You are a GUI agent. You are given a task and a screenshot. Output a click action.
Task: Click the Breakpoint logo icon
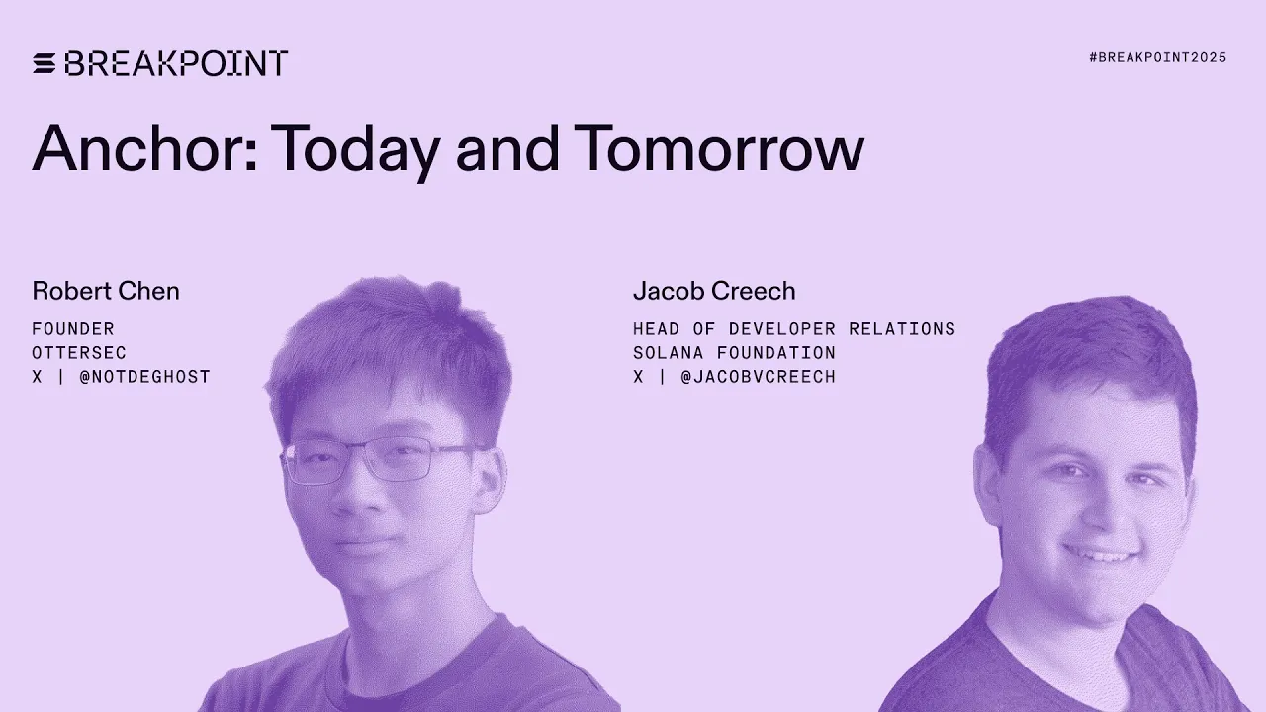[x=45, y=63]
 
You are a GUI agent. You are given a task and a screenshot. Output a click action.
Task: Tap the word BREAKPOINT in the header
[x=176, y=63]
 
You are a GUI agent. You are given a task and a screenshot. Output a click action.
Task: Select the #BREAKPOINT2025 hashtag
[x=1157, y=57]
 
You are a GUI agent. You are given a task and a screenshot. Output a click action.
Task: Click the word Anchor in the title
[x=143, y=148]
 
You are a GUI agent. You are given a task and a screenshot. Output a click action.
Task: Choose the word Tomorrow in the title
[x=719, y=148]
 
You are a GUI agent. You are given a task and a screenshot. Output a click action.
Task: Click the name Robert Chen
[x=106, y=291]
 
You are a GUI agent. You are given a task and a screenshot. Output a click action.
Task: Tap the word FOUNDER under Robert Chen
[x=73, y=328]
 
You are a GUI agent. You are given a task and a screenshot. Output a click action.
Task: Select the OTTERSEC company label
[x=79, y=352]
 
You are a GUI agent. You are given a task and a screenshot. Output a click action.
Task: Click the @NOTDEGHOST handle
[x=144, y=376]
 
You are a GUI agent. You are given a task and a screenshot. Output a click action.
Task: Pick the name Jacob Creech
[x=714, y=291]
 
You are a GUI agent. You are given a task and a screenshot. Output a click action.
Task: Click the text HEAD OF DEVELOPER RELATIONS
[x=794, y=328]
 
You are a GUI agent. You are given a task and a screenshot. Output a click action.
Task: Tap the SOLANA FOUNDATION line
[x=734, y=352]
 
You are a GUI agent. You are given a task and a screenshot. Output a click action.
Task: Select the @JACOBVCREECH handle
[x=758, y=376]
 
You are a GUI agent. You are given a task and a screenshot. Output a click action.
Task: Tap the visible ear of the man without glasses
[x=987, y=485]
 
